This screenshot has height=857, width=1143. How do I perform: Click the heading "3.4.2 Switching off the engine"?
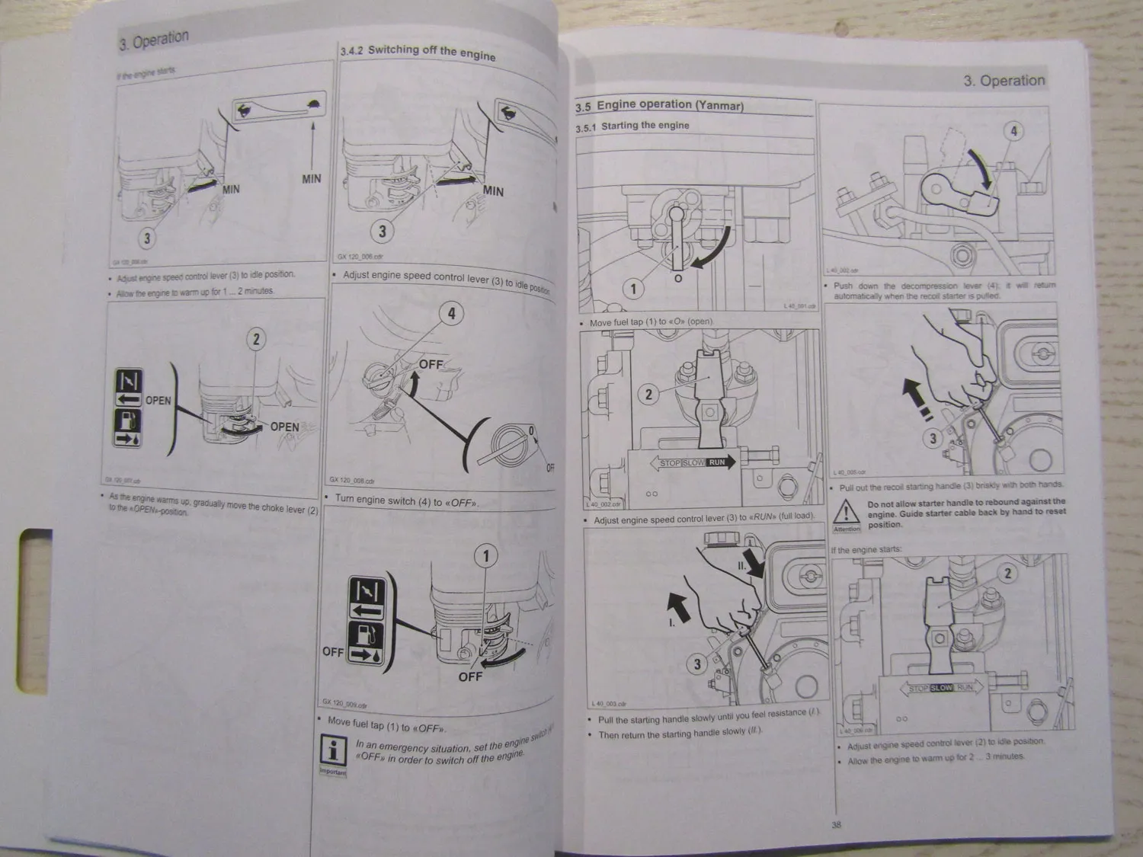point(418,53)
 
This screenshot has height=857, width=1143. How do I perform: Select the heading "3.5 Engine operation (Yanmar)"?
point(659,105)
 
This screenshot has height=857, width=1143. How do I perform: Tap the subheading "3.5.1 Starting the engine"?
point(632,126)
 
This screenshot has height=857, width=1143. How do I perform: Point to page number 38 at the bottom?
point(836,823)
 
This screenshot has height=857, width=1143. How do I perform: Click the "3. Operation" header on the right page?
point(1004,81)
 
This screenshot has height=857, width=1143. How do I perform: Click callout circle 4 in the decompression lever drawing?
point(1013,131)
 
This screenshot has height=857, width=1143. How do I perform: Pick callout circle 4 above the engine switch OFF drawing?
point(451,313)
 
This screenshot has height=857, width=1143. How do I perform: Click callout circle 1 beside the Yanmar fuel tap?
point(633,289)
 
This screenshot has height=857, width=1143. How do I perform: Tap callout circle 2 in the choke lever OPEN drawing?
point(256,340)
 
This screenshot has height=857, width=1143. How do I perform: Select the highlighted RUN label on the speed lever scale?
point(717,462)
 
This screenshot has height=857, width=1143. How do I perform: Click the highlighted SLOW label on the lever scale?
point(942,688)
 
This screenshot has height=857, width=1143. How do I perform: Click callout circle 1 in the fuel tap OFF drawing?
point(486,556)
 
